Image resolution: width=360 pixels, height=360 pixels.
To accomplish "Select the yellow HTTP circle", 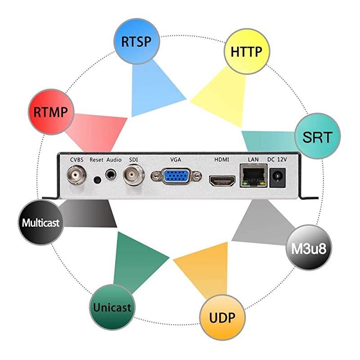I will [x=246, y=51].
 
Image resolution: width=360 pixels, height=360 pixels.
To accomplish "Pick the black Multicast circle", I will [x=40, y=222].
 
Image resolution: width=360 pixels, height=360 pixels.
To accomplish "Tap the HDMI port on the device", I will [x=221, y=181].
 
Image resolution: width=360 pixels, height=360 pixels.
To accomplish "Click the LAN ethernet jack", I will [x=252, y=176].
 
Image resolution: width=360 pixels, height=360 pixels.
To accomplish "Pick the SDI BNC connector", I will [x=134, y=175].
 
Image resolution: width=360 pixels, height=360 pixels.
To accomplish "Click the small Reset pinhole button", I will [x=97, y=180].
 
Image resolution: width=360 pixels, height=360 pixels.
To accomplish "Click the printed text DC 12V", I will [x=277, y=159].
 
